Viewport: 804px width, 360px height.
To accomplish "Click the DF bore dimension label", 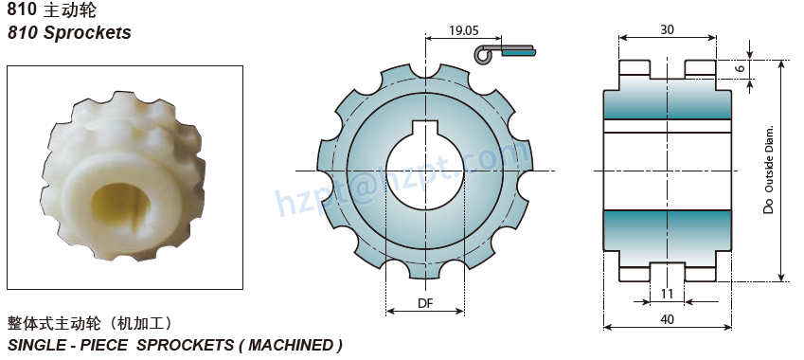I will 425,303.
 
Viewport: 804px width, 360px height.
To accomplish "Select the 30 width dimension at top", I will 668,29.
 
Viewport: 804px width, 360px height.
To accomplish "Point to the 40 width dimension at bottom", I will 667,320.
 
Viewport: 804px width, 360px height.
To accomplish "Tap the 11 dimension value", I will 667,294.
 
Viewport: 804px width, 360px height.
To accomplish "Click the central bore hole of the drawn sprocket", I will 425,171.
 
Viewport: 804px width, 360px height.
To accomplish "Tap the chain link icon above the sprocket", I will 506,53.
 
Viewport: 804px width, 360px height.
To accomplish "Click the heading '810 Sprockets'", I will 69,33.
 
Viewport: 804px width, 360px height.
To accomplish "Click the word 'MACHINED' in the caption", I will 288,345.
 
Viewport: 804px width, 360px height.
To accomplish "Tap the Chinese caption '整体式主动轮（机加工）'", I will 89,323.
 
